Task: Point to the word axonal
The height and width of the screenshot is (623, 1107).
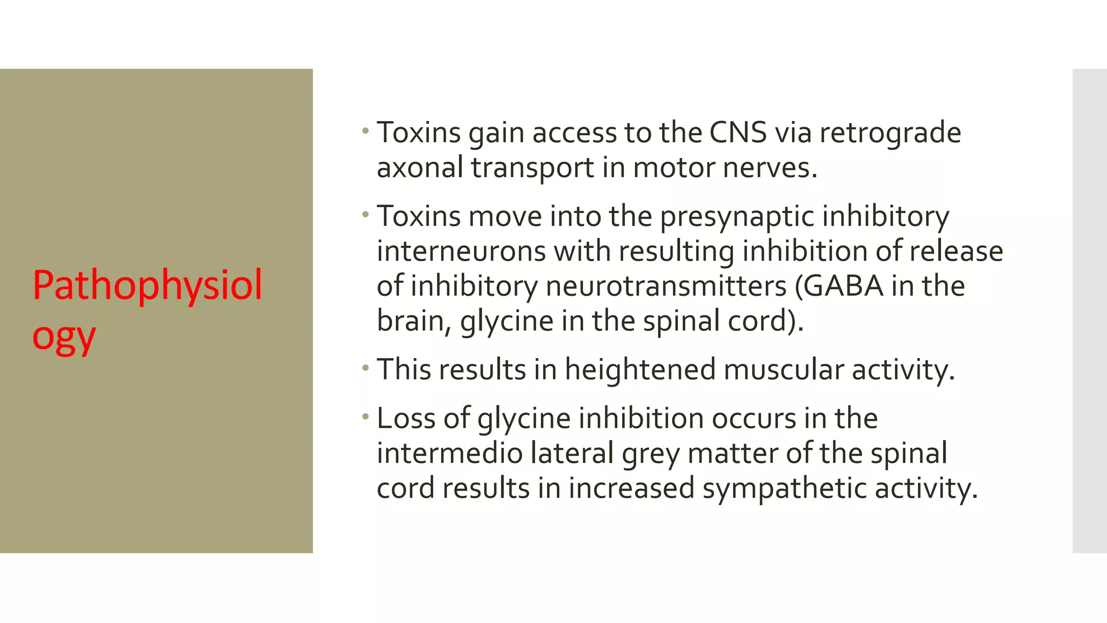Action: coord(420,168)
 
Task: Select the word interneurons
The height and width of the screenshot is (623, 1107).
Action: coord(461,251)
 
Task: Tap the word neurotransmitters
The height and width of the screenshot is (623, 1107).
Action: coord(666,287)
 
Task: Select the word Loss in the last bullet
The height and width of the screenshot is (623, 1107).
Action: coord(406,419)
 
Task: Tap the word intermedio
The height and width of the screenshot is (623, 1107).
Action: coord(449,454)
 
